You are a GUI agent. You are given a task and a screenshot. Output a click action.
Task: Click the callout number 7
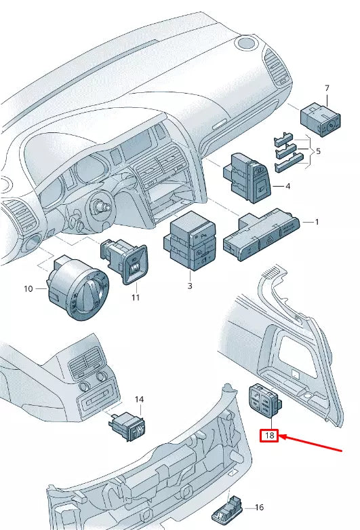(327, 88)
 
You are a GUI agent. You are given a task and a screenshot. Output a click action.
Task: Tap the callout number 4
(287, 186)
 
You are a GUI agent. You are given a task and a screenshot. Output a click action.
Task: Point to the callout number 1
(315, 222)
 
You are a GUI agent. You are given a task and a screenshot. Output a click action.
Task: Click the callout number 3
(190, 287)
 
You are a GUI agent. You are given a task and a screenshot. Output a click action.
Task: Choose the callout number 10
(28, 289)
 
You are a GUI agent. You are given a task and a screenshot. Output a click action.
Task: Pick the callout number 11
(135, 297)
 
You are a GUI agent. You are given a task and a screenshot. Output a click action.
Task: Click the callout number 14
(139, 400)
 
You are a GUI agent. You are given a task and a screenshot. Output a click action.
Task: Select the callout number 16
(258, 507)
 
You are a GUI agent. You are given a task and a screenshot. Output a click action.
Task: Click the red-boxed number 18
(270, 436)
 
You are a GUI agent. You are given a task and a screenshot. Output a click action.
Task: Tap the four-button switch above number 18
(265, 402)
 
